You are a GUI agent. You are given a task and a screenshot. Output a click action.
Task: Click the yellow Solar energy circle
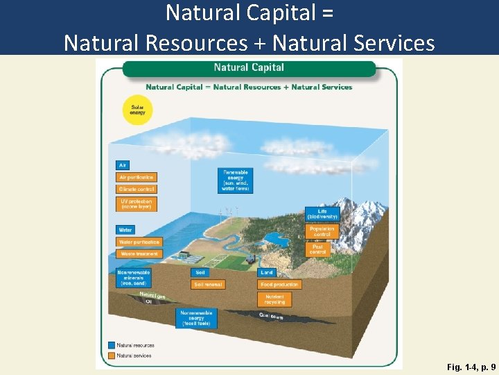[137, 109]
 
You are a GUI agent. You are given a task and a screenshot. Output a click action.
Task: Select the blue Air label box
[122, 165]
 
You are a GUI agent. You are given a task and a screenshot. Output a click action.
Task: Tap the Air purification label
[137, 177]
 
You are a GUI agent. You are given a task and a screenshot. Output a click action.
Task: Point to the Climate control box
[137, 189]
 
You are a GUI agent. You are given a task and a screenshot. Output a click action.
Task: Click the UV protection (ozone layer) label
[137, 204]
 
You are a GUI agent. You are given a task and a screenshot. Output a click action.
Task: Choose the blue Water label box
[125, 230]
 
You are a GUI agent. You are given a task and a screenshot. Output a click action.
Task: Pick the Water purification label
[139, 242]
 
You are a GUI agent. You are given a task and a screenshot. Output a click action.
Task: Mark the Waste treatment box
[139, 254]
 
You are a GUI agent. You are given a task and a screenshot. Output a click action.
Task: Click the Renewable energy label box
[235, 181]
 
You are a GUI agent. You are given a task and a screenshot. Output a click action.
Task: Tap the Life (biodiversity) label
[322, 214]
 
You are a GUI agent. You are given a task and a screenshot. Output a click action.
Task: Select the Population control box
[322, 231]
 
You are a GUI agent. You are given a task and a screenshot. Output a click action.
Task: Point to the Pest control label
[318, 248]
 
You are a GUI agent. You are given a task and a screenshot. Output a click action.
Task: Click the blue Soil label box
[200, 273]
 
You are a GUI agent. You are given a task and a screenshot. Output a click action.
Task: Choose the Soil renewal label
[208, 285]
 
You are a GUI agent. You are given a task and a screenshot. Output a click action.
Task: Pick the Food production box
[279, 285]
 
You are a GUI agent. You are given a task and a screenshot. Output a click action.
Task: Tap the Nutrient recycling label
[274, 299]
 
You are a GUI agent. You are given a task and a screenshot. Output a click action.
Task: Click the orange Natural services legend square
[111, 356]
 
